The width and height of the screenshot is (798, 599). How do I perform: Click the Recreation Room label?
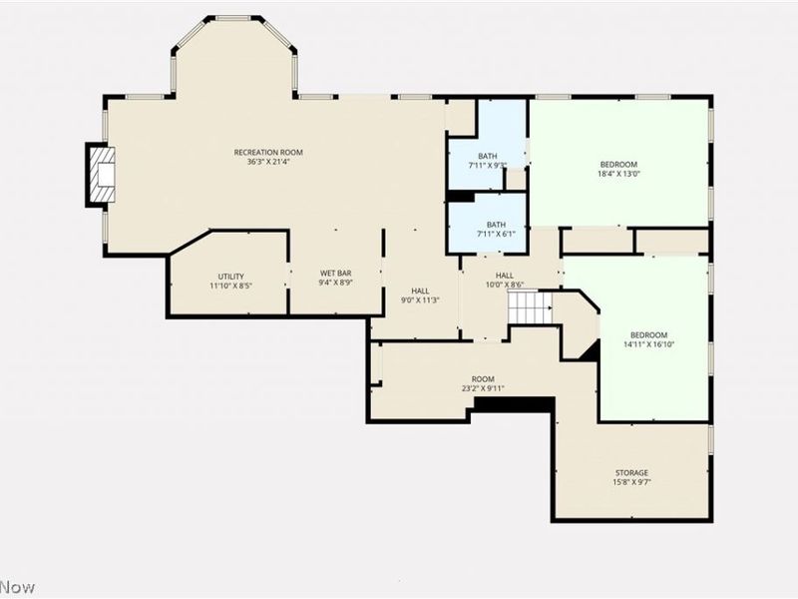pos(268,152)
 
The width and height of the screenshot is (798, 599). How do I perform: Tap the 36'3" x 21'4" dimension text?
pos(268,162)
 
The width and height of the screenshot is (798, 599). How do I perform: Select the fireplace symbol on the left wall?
pos(100,175)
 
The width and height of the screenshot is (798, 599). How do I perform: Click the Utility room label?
pos(230,277)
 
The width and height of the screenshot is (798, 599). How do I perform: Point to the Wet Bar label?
pos(334,273)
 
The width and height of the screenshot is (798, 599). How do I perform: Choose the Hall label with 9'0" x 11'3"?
pos(420,291)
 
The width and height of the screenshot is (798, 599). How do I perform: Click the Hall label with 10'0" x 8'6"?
pos(504,276)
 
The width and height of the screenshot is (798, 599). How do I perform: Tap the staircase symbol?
pos(530,308)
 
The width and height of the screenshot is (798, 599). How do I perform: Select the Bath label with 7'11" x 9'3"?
pos(487,156)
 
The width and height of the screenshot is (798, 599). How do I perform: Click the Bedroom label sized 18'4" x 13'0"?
pos(618,164)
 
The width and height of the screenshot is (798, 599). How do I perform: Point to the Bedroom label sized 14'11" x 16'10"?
pos(648,334)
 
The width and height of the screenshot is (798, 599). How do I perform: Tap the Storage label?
pos(630,472)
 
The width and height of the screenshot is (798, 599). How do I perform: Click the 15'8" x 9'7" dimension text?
pos(630,482)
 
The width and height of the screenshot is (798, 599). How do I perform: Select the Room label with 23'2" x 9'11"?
pos(483,378)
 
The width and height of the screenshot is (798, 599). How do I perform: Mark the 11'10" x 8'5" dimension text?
pos(230,286)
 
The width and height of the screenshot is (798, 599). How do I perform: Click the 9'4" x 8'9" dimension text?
pos(334,283)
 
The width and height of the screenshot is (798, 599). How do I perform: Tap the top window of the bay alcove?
pos(233,18)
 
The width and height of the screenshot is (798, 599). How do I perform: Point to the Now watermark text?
pos(17,586)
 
